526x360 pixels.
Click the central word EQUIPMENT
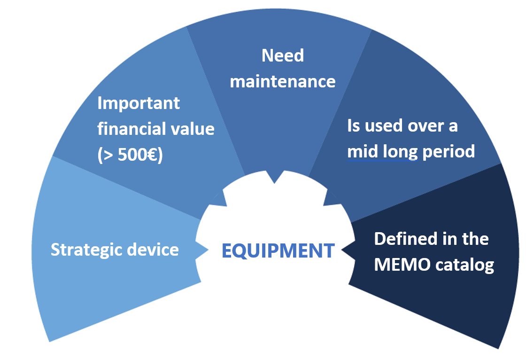coord(278,250)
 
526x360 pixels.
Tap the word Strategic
coord(86,250)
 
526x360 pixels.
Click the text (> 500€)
coord(130,155)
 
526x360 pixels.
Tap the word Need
coord(283,55)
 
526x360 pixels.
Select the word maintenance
coord(283,82)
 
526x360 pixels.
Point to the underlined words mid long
coord(382,152)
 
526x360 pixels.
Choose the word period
coord(449,152)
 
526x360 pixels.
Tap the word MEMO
coord(402,265)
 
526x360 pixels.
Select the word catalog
coord(464,265)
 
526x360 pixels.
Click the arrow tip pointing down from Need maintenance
coord(274,183)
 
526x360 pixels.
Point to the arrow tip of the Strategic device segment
coord(209,250)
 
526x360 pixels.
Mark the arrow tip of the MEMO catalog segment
coord(341,250)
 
